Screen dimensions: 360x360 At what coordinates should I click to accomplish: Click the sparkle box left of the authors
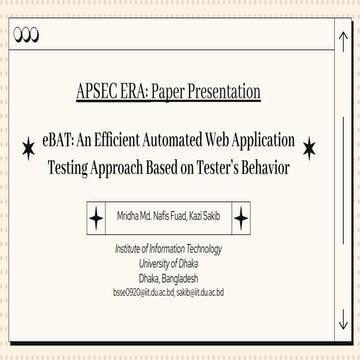(x=97, y=219)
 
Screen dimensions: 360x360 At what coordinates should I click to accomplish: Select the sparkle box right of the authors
(x=241, y=219)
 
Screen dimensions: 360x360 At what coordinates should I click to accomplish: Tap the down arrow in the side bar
(x=342, y=320)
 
